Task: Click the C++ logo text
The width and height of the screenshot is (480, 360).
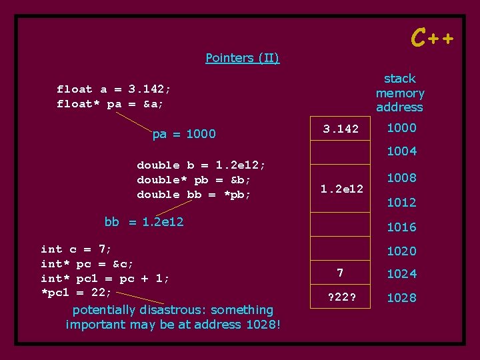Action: [432, 38]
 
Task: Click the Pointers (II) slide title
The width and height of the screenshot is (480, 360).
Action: [243, 58]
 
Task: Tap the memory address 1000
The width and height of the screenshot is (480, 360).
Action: [401, 128]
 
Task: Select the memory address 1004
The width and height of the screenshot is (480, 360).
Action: [401, 151]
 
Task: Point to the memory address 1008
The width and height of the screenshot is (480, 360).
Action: [401, 178]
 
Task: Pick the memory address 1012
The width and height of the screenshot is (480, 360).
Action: [401, 202]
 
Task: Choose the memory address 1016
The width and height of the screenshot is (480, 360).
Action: [401, 227]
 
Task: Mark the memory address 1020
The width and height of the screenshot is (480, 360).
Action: [401, 251]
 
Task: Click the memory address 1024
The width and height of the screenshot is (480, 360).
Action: [401, 274]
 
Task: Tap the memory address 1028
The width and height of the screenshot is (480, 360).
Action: [401, 298]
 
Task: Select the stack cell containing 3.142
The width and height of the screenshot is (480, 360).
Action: [341, 129]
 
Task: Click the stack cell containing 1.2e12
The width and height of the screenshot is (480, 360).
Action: [341, 189]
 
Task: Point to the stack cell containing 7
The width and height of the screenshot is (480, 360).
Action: [341, 273]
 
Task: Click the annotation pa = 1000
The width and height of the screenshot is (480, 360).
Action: [184, 134]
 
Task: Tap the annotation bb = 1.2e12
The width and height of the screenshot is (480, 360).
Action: [144, 221]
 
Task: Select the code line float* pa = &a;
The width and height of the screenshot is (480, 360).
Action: [110, 104]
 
